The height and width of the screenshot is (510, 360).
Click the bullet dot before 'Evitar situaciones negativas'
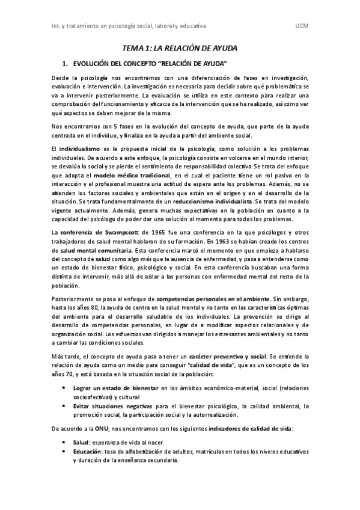tap(64, 407)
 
